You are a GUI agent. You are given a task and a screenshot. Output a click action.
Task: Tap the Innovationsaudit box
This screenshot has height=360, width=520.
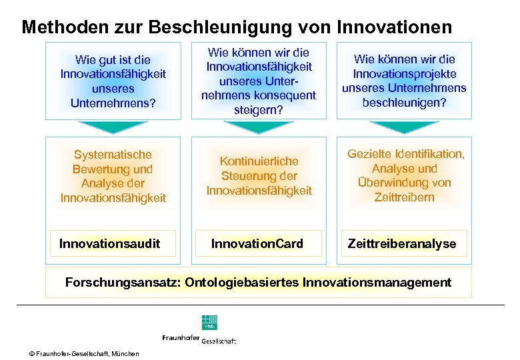click(x=110, y=243)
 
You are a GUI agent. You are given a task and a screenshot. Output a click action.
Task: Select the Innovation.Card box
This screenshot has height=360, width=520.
click(x=257, y=243)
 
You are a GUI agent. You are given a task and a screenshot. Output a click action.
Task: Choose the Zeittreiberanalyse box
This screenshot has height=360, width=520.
click(x=402, y=243)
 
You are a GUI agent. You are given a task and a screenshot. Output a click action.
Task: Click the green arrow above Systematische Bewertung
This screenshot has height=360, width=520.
click(x=112, y=127)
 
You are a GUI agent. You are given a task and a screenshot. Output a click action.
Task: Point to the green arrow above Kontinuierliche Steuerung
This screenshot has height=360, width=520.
click(x=257, y=127)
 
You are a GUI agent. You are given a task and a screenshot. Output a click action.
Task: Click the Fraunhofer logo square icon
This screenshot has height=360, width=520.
click(x=209, y=321)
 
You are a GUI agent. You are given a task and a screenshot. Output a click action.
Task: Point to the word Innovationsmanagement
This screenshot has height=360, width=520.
click(x=377, y=282)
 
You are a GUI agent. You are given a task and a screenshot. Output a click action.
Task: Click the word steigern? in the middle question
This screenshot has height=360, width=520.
click(x=258, y=110)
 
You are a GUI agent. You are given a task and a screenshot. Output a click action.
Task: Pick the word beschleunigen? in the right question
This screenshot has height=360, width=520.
click(x=404, y=103)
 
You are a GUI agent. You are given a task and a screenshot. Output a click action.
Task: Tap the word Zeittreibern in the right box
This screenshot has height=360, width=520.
click(x=404, y=197)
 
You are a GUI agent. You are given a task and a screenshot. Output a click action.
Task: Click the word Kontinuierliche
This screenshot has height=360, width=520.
click(x=259, y=161)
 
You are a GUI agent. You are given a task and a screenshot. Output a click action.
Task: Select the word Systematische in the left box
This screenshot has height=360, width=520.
click(x=113, y=155)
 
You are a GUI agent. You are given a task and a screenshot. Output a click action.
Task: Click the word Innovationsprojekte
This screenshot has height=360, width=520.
click(x=404, y=73)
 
